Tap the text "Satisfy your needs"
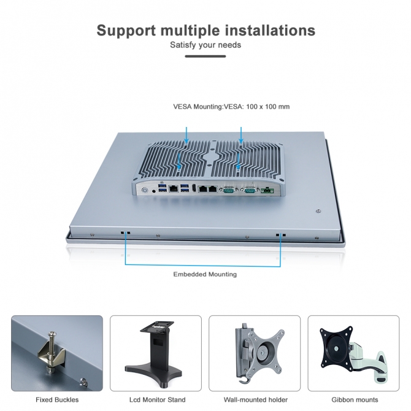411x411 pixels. [x=205, y=45]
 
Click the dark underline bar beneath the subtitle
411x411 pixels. [x=205, y=56]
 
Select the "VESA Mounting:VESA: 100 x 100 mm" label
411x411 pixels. [x=231, y=107]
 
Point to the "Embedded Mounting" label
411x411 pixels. [x=205, y=274]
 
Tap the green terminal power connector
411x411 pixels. [x=268, y=191]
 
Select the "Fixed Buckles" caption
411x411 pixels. [x=57, y=399]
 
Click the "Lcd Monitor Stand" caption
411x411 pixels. [x=157, y=399]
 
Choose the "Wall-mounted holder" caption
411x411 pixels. [x=255, y=399]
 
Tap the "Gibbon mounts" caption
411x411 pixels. [x=353, y=399]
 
